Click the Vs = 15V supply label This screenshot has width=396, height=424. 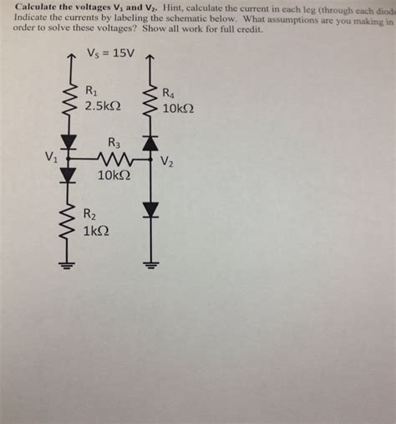tap(111, 54)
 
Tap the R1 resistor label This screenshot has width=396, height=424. tap(93, 89)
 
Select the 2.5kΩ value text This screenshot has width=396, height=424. tap(104, 106)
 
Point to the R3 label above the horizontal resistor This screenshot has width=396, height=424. tap(114, 143)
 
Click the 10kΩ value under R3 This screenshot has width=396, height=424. tap(113, 176)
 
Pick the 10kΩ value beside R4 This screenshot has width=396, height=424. tap(179, 109)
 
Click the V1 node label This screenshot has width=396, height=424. tap(52, 156)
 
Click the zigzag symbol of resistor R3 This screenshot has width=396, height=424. tap(112, 157)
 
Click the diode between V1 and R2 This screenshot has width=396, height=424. tap(69, 173)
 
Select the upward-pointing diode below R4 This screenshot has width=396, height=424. tap(150, 143)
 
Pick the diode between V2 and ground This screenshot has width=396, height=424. tap(150, 209)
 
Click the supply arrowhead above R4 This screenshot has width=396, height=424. tap(150, 58)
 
